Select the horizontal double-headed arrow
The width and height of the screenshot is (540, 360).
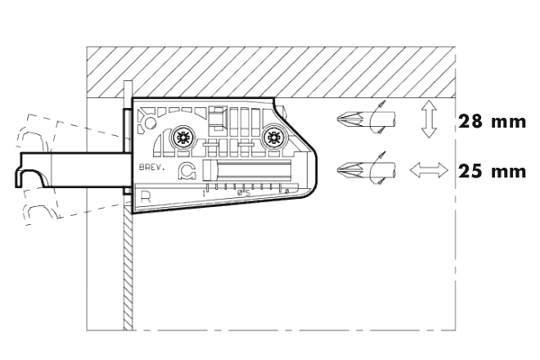[429, 171]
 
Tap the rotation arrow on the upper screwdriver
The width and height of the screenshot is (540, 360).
[379, 120]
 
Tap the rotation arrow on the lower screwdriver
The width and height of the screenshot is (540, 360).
[379, 169]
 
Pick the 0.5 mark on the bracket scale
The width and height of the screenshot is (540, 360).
[243, 193]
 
